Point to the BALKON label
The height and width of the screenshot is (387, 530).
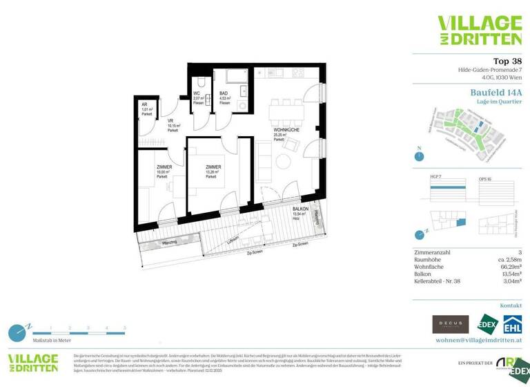[300, 209]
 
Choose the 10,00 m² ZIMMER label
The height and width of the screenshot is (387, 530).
[164, 168]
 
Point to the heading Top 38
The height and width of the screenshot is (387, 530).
[507, 62]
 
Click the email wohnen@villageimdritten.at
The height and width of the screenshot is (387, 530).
[478, 340]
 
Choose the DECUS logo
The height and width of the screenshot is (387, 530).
[450, 323]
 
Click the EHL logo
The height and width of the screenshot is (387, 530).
[511, 323]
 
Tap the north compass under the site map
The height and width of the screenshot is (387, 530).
[419, 156]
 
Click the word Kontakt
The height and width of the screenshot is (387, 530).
[511, 305]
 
